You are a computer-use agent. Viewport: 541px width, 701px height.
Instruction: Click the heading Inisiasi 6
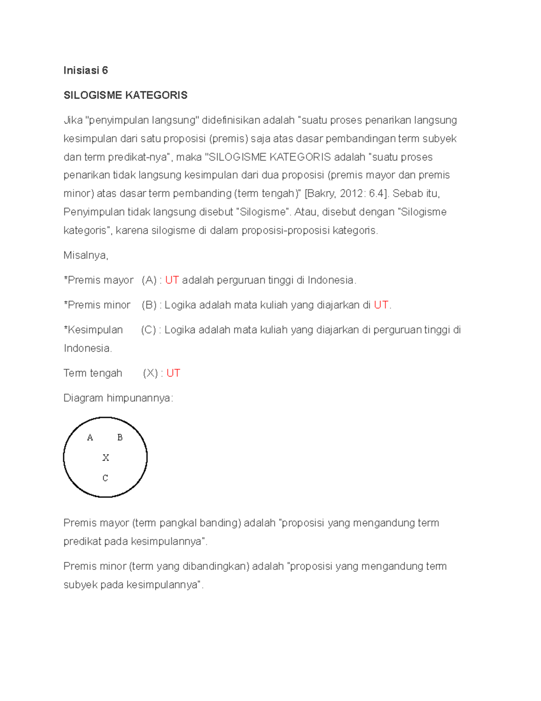point(86,70)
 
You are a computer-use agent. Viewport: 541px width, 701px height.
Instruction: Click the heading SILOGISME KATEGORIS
point(125,95)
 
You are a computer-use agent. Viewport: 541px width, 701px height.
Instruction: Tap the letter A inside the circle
point(90,437)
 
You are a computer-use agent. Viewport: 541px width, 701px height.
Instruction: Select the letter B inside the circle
point(120,437)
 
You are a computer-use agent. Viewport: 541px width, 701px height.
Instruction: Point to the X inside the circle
point(105,458)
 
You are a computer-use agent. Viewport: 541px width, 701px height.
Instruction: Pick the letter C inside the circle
point(105,478)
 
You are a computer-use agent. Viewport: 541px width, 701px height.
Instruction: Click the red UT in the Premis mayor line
point(172,280)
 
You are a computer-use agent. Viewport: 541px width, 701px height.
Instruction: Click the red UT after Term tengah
point(173,373)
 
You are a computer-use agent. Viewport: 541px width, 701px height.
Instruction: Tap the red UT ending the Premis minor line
point(381,305)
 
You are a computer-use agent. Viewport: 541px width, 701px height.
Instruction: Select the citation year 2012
point(352,194)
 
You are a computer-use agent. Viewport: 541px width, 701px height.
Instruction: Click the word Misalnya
point(86,255)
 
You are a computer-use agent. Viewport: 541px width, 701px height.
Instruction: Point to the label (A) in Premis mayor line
point(149,280)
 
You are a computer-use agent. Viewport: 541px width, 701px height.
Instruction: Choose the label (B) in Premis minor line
point(149,305)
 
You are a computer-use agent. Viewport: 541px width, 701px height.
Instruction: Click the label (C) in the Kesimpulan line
point(148,330)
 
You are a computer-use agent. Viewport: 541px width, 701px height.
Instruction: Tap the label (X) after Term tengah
point(150,373)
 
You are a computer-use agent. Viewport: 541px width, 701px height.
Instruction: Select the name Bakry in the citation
point(321,194)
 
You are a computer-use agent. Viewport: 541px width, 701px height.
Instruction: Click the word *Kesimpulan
point(93,330)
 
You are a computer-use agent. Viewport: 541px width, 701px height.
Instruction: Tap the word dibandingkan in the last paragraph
point(218,566)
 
